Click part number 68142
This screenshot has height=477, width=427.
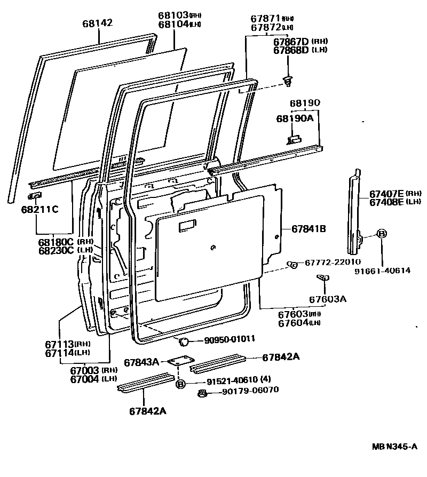tap(98, 23)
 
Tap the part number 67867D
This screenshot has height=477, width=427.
tap(290, 41)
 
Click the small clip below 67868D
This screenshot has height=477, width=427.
tap(289, 80)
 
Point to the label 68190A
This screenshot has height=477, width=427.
tap(294, 118)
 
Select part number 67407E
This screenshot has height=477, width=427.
tap(386, 193)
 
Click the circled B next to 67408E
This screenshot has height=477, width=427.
tap(382, 234)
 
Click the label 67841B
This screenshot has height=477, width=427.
tap(309, 229)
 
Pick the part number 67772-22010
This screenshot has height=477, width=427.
tap(333, 262)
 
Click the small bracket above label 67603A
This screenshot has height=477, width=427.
tap(322, 277)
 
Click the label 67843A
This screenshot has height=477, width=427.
tap(141, 362)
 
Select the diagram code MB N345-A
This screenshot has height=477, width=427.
tap(394, 446)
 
